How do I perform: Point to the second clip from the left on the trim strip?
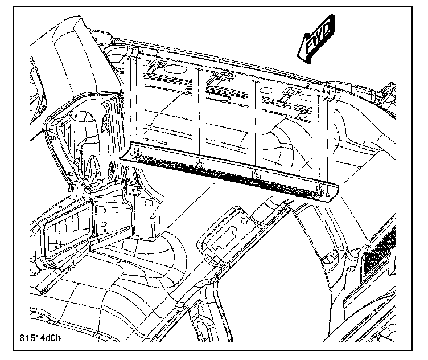(200, 165)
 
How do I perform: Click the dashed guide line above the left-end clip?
(136, 103)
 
